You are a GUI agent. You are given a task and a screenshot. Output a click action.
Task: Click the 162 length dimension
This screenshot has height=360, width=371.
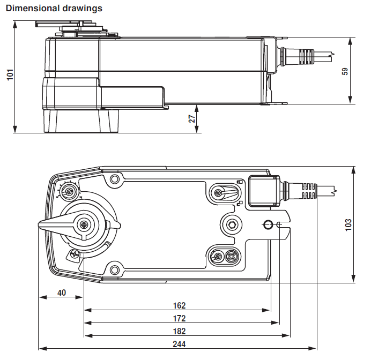pyautogui.click(x=179, y=305)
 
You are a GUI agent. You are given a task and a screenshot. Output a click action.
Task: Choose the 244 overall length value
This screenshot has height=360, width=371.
pyautogui.click(x=179, y=344)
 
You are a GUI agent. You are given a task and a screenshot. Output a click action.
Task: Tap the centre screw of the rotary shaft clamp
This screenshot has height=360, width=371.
pyautogui.click(x=85, y=226)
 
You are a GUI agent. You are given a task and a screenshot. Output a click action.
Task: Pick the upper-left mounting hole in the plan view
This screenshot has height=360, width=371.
pyautogui.click(x=114, y=179)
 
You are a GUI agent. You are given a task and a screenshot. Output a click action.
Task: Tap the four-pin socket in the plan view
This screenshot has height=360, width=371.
pyautogui.click(x=232, y=256)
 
